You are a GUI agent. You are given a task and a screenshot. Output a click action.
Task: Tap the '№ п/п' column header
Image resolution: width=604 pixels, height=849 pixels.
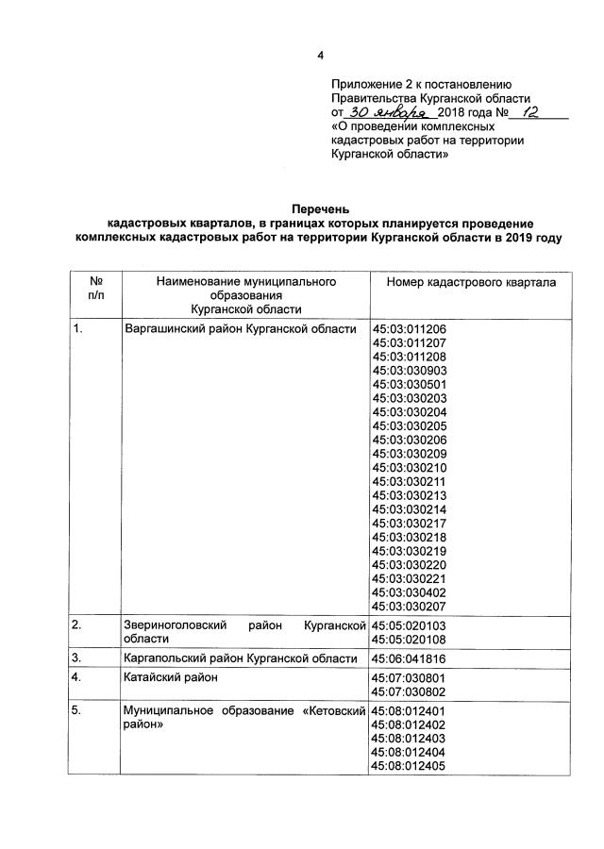95,289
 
